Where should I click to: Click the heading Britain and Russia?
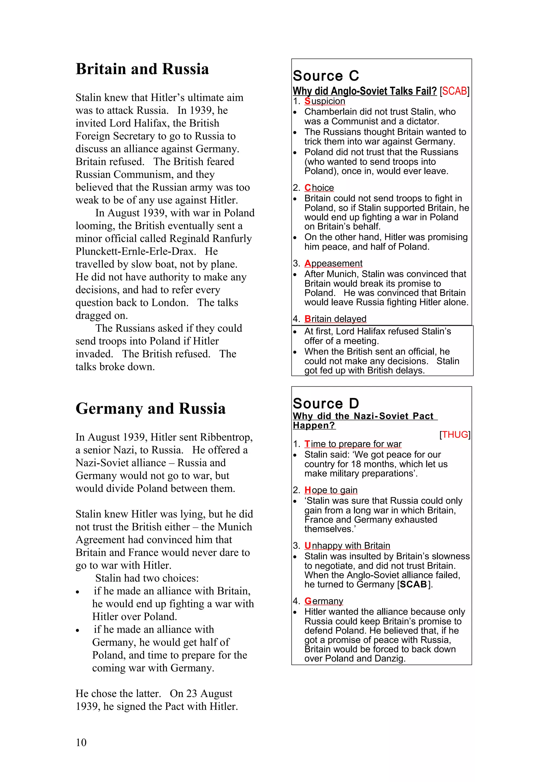tap(142, 69)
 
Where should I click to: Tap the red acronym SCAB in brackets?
tap(454, 91)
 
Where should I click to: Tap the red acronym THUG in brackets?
tap(454, 435)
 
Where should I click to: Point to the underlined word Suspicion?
tap(325, 101)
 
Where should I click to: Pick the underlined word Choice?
tap(319, 188)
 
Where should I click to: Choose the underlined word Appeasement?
tap(333, 263)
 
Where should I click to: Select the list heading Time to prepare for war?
tap(353, 444)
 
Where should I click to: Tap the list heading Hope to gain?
tap(331, 490)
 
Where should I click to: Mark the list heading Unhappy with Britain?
tap(347, 545)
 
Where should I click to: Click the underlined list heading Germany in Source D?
tap(324, 601)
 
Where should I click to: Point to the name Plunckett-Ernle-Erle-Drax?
tap(136, 251)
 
